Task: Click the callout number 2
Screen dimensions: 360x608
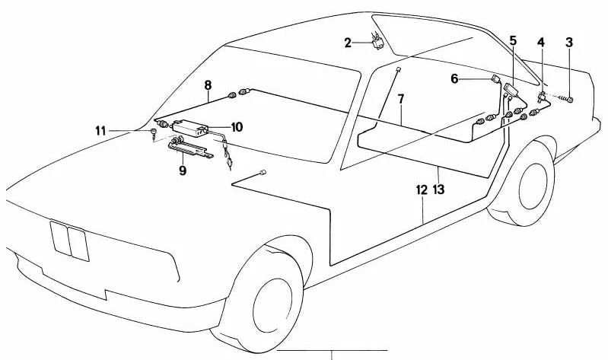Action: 348,43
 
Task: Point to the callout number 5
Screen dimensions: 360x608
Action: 513,40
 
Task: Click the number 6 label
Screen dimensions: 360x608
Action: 455,78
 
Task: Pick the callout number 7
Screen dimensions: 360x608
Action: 400,99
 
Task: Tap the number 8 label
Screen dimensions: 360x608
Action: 207,87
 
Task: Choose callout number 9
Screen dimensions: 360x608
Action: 183,171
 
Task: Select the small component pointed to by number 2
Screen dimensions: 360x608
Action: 377,42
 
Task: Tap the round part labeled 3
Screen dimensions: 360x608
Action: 570,98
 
